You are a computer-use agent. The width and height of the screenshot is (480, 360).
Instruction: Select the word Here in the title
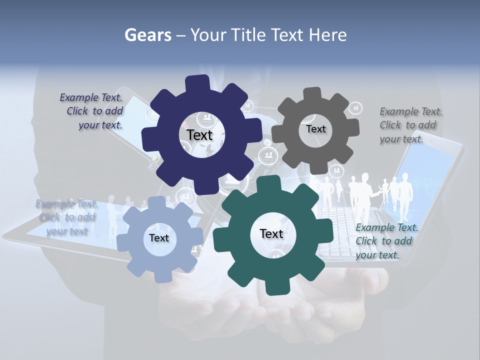click(327, 35)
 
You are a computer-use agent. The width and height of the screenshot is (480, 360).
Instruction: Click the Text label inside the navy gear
click(200, 135)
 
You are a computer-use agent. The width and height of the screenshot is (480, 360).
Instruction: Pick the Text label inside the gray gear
click(315, 129)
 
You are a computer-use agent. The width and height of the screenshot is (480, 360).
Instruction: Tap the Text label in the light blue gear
click(159, 238)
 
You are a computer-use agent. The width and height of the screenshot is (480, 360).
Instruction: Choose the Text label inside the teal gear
click(271, 233)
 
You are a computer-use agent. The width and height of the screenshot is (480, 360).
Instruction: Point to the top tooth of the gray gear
click(312, 93)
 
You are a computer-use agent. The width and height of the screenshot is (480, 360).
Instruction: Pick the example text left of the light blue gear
click(66, 217)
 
